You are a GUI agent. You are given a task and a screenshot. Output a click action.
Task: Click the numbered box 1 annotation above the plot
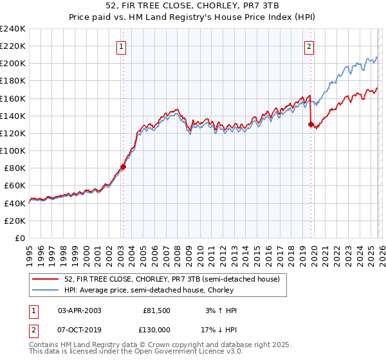point(122,46)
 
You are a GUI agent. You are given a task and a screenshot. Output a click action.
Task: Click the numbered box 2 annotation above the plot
point(309,46)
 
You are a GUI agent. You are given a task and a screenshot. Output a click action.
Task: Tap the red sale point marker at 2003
point(123,166)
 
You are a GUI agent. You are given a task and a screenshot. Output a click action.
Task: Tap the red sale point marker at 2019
point(311,125)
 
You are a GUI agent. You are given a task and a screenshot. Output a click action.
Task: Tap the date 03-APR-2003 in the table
point(80,310)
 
